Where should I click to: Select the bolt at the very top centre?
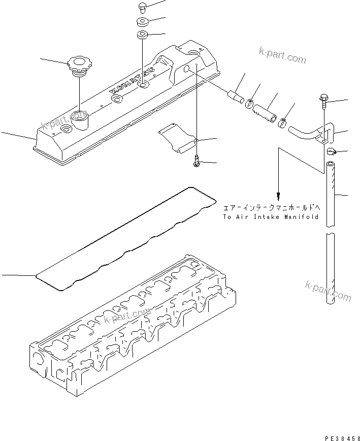tap(143, 7)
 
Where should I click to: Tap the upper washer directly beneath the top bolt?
tap(143, 22)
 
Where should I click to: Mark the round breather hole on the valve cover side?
tap(187, 69)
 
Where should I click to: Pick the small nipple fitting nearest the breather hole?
tap(236, 96)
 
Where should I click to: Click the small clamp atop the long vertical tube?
tap(331, 151)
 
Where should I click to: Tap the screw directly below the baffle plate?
tap(197, 162)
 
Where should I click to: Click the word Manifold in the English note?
tap(302, 217)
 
